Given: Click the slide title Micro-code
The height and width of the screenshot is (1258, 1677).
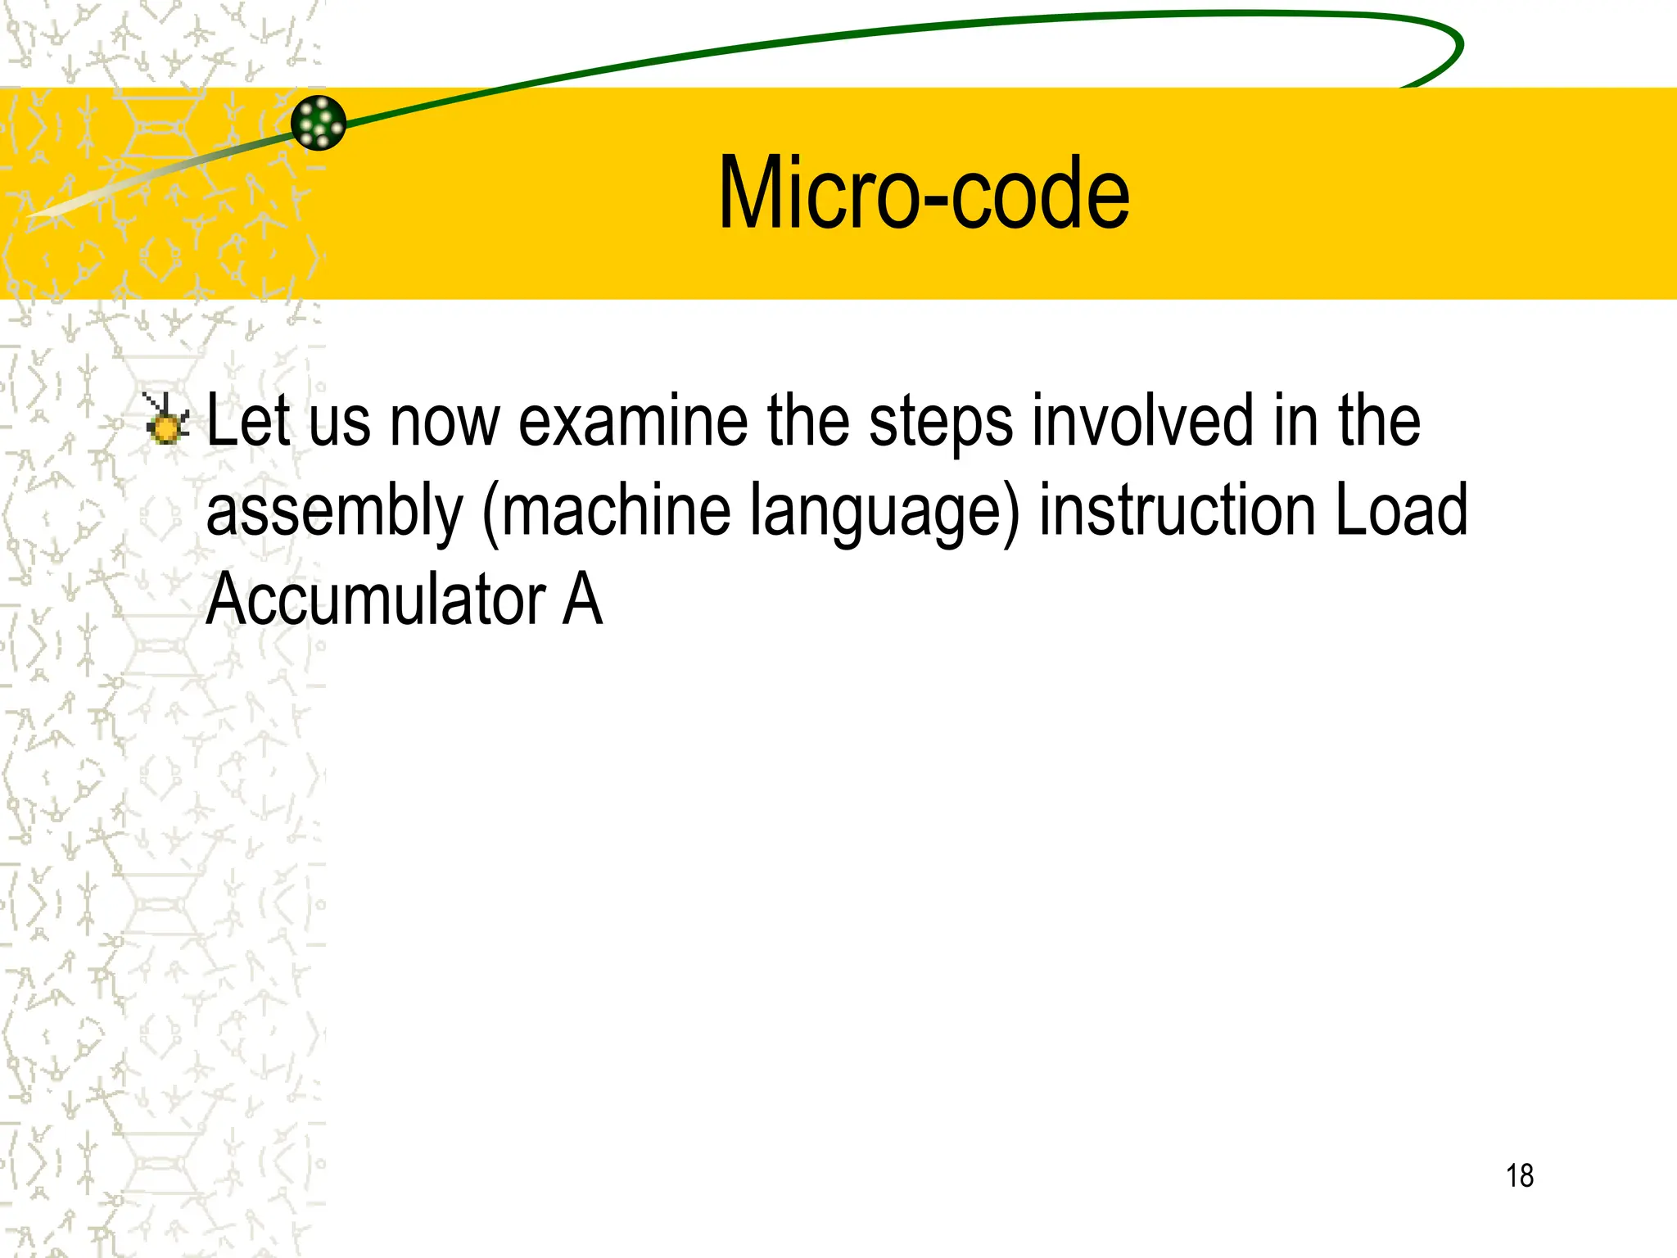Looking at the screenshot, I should (x=924, y=193).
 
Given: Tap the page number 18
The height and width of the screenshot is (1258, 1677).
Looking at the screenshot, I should (x=1519, y=1176).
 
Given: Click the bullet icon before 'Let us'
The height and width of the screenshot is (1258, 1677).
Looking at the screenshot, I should (x=166, y=419).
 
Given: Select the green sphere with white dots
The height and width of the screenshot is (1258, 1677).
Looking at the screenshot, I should (x=319, y=123).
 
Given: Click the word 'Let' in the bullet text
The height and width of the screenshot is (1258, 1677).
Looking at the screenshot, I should (x=248, y=420).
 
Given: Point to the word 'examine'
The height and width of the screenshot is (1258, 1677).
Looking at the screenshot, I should (x=633, y=420).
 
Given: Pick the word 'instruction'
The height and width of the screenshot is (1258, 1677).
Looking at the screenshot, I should (x=1178, y=509).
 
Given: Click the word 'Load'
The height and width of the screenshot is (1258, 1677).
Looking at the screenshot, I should (x=1401, y=509).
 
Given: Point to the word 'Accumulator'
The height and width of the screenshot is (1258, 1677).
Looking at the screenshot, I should (x=376, y=600).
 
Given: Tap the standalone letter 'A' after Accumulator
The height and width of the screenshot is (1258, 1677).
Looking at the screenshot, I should (x=582, y=600).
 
